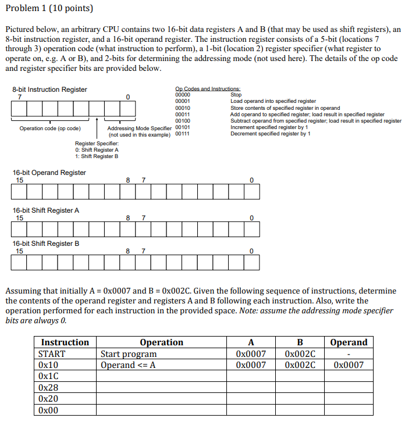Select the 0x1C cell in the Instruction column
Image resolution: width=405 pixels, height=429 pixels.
click(x=48, y=376)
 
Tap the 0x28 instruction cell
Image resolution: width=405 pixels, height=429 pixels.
click(x=48, y=388)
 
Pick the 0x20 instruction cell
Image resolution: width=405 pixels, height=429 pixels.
click(x=48, y=399)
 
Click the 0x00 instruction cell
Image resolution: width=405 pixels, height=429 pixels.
click(x=48, y=410)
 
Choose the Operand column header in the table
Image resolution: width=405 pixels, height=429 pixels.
click(x=349, y=342)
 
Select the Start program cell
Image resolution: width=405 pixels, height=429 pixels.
click(x=129, y=354)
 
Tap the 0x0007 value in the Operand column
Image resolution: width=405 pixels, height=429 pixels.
click(x=349, y=365)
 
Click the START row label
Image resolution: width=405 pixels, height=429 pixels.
click(x=52, y=354)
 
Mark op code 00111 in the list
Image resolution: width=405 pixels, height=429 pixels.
click(x=183, y=134)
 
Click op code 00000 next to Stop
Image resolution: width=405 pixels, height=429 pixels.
click(x=183, y=95)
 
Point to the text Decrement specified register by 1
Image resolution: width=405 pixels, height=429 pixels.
click(x=270, y=134)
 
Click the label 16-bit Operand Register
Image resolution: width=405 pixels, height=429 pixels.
click(x=49, y=173)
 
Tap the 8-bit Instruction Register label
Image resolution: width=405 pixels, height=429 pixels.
click(x=49, y=90)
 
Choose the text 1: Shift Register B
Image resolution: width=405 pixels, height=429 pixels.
click(x=97, y=156)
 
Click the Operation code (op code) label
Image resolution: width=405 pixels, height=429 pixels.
click(x=50, y=128)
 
